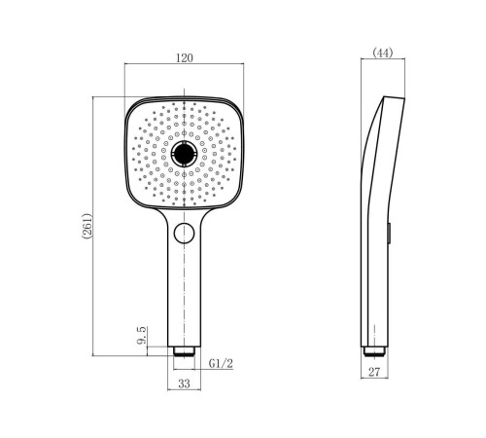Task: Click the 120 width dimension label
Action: pyautogui.click(x=185, y=57)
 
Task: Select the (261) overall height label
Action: pyautogui.click(x=87, y=226)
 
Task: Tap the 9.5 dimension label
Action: pyautogui.click(x=142, y=336)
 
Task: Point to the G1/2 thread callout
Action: pyautogui.click(x=221, y=363)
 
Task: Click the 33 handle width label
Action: pyautogui.click(x=184, y=383)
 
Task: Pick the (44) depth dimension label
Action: pyautogui.click(x=383, y=53)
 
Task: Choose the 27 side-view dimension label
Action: pyautogui.click(x=374, y=372)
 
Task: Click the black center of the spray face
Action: pyautogui.click(x=184, y=153)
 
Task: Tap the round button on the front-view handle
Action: pyautogui.click(x=184, y=234)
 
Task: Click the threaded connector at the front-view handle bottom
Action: pyautogui.click(x=184, y=351)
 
